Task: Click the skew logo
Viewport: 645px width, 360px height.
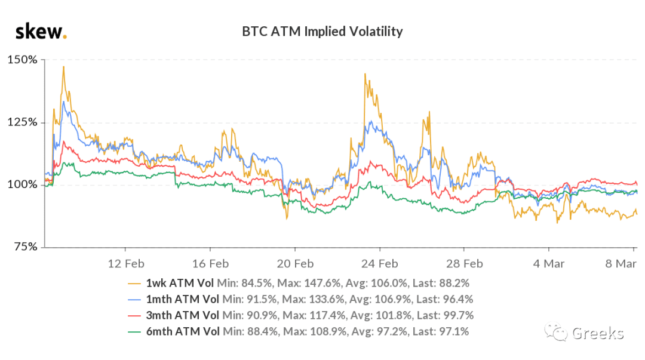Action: [x=41, y=32]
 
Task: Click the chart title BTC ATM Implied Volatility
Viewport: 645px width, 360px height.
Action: [x=322, y=32]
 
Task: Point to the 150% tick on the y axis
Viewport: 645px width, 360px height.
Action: [x=23, y=60]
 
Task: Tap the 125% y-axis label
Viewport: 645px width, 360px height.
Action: [x=23, y=122]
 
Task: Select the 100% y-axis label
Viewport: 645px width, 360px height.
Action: [x=23, y=184]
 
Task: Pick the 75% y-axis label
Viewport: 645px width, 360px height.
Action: [x=26, y=247]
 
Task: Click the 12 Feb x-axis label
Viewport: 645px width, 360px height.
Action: [x=126, y=264]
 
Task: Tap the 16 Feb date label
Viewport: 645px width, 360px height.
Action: [x=210, y=264]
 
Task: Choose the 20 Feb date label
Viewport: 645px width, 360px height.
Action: [x=295, y=264]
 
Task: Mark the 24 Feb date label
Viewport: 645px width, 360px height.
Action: [x=380, y=264]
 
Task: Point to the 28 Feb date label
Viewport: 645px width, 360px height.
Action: [x=465, y=264]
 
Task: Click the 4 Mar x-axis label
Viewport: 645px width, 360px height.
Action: [x=549, y=264]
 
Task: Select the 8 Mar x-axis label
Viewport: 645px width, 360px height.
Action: [x=621, y=264]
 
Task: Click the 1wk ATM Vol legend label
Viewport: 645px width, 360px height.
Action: [x=180, y=283]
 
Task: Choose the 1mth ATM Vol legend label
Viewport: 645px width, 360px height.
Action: [x=183, y=299]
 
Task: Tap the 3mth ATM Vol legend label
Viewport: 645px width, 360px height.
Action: [x=183, y=315]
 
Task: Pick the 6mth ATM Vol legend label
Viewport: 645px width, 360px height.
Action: [x=183, y=331]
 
